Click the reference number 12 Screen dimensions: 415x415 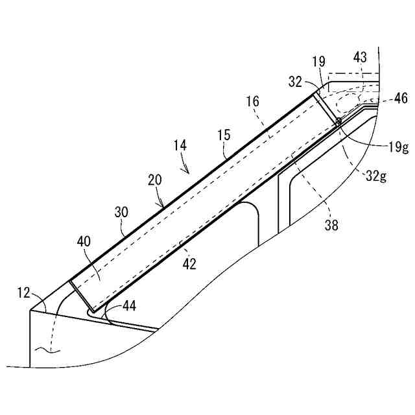click(x=23, y=292)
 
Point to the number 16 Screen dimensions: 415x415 click(x=252, y=102)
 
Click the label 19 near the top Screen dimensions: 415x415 click(x=318, y=62)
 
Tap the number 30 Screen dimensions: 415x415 click(x=121, y=213)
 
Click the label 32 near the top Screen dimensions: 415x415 click(x=296, y=82)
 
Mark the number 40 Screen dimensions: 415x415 click(x=84, y=241)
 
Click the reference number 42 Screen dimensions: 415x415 click(x=190, y=264)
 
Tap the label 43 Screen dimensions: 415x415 click(x=360, y=57)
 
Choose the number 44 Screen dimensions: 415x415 click(x=129, y=305)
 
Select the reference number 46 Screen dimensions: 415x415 click(x=401, y=99)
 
